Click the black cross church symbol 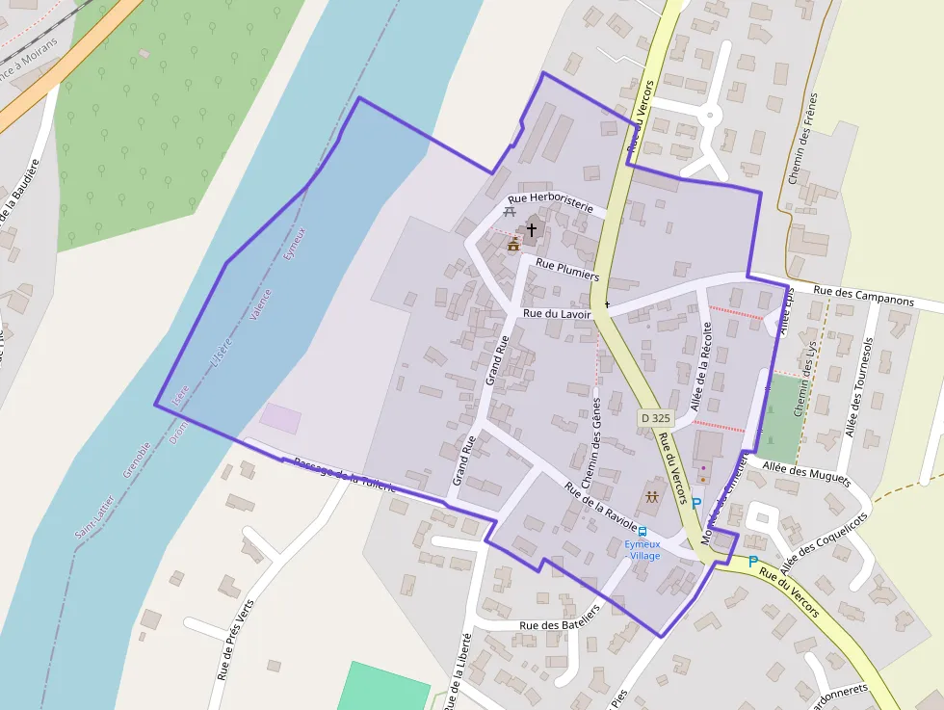[x=531, y=230]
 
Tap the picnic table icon [x=510, y=211]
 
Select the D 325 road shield [x=655, y=418]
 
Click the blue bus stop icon [x=642, y=532]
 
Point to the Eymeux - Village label [x=642, y=549]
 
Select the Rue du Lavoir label [x=557, y=313]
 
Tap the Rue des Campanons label [x=863, y=295]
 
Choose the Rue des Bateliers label [x=560, y=625]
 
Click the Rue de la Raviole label [x=600, y=506]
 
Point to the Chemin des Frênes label [x=802, y=139]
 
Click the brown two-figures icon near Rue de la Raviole [x=652, y=497]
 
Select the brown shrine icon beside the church [x=513, y=245]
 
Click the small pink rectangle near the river [x=280, y=418]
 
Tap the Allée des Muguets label [x=806, y=472]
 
